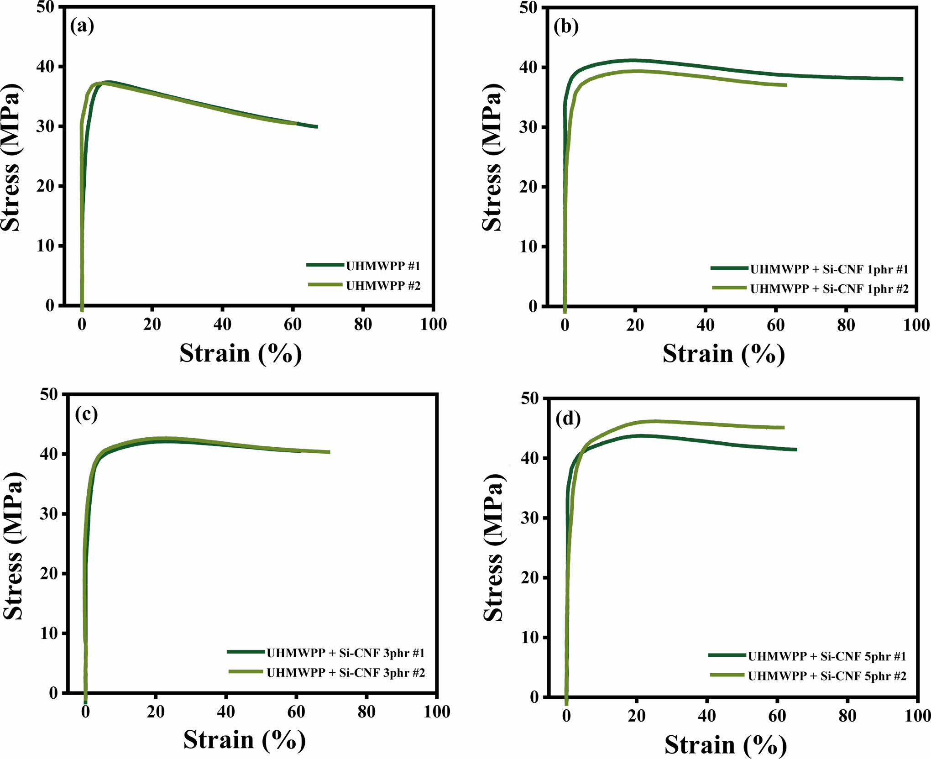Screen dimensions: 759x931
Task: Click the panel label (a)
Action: [82, 26]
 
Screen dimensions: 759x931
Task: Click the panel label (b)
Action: [566, 27]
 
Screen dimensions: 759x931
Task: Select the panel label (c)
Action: [86, 414]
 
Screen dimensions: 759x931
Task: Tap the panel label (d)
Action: [568, 419]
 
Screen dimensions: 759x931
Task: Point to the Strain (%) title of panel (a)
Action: [241, 354]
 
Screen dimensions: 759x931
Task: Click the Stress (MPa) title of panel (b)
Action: [492, 157]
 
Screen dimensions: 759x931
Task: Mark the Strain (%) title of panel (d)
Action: [725, 745]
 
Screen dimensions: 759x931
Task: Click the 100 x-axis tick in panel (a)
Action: [433, 325]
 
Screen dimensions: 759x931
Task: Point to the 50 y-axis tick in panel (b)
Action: [528, 8]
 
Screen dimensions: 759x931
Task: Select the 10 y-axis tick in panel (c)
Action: [49, 633]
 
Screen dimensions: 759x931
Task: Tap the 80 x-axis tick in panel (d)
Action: [847, 716]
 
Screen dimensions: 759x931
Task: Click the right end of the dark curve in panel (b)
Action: [902, 79]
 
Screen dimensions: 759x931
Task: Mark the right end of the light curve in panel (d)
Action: [784, 428]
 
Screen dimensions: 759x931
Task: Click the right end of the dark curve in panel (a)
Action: [317, 127]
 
